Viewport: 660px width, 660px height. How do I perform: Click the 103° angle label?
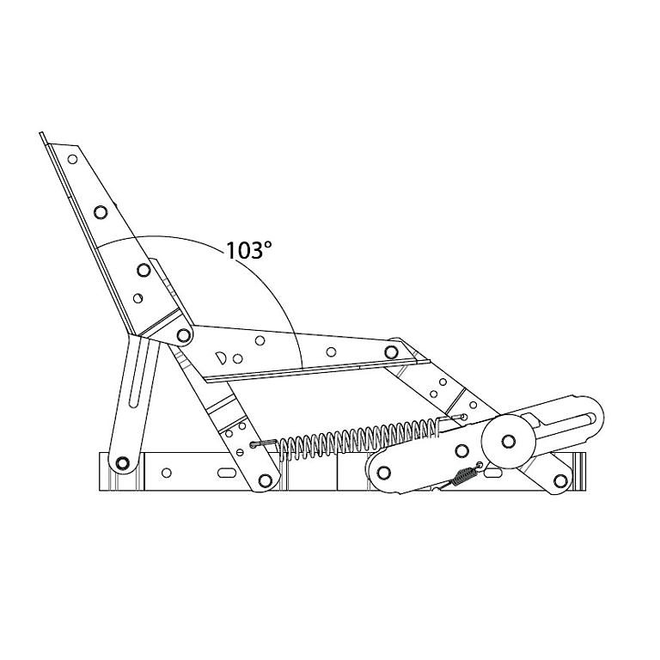[x=248, y=250]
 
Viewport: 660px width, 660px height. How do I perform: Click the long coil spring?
[x=357, y=437]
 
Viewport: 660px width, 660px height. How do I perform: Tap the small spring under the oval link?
[x=465, y=476]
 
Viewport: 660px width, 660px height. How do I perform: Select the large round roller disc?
[x=509, y=441]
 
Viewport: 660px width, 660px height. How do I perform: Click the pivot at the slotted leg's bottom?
[x=122, y=463]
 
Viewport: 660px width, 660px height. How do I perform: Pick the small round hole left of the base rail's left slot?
[x=167, y=473]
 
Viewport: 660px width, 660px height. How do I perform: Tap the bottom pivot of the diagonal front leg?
[x=265, y=480]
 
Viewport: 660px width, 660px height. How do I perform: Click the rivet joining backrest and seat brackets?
[x=184, y=335]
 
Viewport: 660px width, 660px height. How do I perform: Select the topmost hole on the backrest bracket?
[x=72, y=159]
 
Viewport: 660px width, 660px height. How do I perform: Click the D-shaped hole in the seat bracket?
[x=221, y=357]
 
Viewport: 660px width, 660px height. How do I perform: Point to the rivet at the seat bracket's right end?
[x=391, y=351]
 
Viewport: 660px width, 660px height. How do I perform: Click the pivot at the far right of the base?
[x=560, y=480]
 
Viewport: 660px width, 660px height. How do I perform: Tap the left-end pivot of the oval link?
[x=383, y=473]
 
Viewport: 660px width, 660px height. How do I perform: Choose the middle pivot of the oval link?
[x=461, y=450]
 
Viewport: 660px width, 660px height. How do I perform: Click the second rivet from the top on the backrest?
[x=101, y=211]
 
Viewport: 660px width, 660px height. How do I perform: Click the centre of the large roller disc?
[x=509, y=441]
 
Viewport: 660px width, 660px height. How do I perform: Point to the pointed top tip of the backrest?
[x=40, y=133]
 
